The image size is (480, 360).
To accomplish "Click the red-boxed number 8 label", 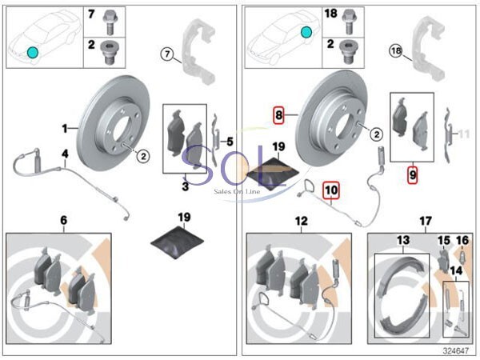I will [278, 114].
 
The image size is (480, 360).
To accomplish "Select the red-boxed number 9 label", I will [413, 173].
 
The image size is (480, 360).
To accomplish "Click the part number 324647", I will [454, 350].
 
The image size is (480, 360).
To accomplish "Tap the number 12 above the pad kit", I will [301, 220].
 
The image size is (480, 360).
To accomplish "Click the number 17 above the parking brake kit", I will [425, 220].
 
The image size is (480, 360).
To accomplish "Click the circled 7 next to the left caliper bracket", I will [166, 54].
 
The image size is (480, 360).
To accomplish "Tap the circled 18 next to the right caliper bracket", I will [394, 50].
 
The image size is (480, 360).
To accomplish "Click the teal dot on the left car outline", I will [32, 52].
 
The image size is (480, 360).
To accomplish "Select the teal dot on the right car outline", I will [305, 33].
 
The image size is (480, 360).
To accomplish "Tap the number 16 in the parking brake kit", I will [462, 241].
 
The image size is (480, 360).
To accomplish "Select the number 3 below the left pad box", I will [185, 187].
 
